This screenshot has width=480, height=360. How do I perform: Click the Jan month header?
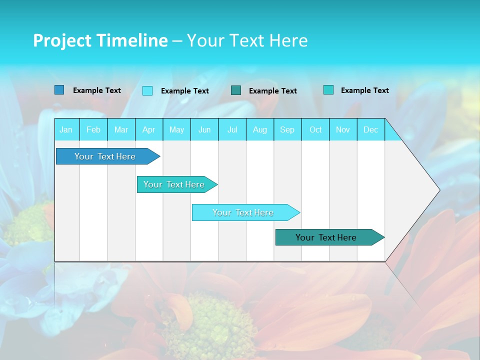[66, 129]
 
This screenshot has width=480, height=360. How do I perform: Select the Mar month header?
[121, 129]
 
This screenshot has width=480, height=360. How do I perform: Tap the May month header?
[176, 129]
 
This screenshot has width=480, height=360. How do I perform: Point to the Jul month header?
[232, 129]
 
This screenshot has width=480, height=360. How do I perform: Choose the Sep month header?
[287, 129]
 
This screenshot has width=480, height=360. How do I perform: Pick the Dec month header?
[370, 129]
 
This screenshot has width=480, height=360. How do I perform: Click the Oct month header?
[315, 129]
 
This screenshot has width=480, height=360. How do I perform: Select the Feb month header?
[93, 129]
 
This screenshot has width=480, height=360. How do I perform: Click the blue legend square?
[59, 90]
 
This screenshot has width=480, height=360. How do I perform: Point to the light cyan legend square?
[147, 90]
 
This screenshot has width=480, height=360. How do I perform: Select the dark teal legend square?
[236, 90]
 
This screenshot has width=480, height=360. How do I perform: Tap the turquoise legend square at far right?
[328, 90]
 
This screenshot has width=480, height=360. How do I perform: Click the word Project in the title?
[62, 40]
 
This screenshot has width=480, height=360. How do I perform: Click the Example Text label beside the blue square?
[97, 90]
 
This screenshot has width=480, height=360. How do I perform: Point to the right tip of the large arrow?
[438, 190]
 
